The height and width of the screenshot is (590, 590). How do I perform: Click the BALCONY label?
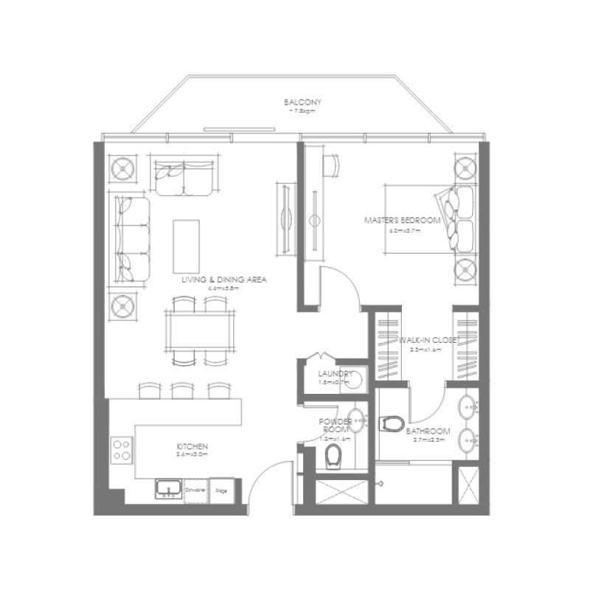302,103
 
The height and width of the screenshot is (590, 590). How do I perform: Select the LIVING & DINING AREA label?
224,280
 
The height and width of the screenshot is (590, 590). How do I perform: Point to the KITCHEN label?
192,447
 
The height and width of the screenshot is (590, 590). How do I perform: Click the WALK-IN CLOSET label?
429,341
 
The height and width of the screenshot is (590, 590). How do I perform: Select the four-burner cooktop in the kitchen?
122,448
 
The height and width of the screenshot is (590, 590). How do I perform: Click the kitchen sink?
168,488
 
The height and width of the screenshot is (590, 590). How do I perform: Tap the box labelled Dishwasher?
195,489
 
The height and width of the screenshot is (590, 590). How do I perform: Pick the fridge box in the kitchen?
220,489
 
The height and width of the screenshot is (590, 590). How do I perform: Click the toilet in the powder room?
334,457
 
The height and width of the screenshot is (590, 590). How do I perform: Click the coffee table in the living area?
186,246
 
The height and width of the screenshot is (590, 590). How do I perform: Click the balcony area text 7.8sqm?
302,111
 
